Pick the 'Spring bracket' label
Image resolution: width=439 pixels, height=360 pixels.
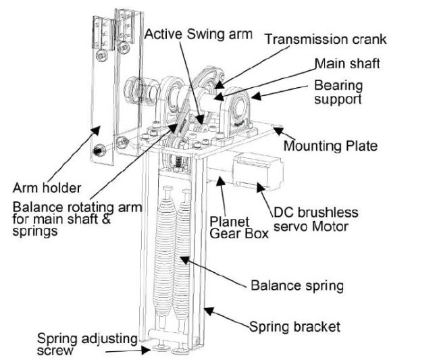point(294,328)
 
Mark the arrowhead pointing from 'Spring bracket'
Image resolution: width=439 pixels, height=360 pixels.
point(207,311)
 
